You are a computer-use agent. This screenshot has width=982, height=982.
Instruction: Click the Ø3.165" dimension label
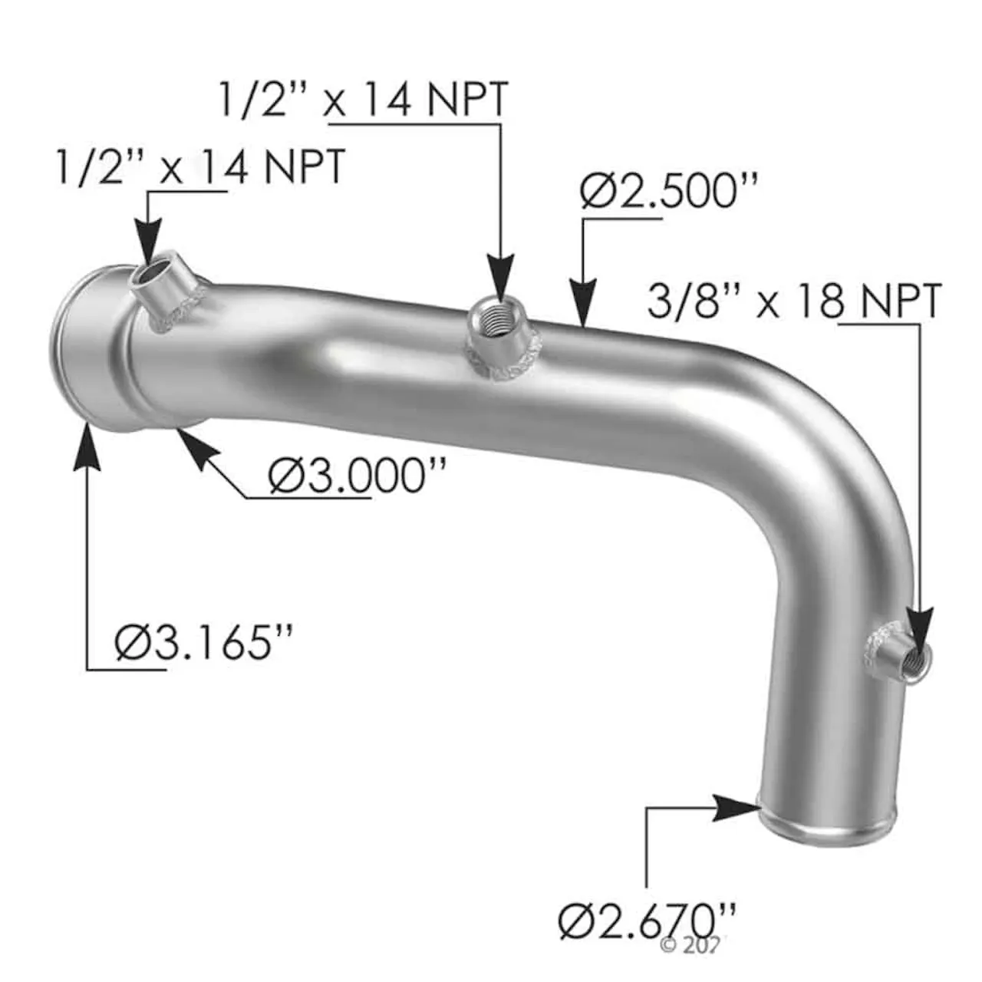coord(204,642)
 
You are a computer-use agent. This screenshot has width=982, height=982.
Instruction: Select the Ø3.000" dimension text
coord(358,477)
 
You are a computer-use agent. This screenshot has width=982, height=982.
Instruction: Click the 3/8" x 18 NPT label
coord(794,302)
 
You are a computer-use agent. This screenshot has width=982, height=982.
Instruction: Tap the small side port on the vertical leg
coord(913,654)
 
